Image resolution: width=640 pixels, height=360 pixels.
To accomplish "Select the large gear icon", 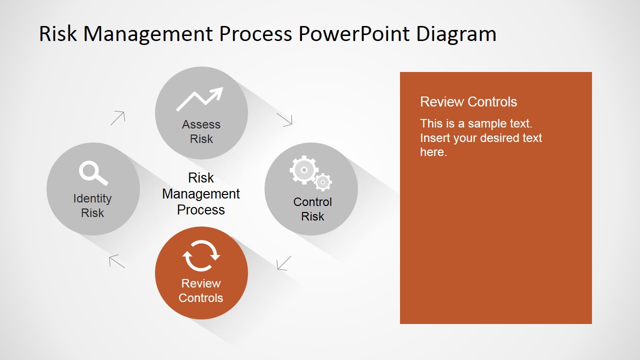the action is tap(304, 170).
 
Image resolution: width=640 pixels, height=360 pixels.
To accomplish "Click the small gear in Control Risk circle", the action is tap(323, 182).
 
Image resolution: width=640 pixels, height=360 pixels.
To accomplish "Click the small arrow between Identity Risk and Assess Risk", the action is tap(117, 118).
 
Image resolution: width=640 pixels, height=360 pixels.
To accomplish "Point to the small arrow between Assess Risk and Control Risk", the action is tap(284, 120).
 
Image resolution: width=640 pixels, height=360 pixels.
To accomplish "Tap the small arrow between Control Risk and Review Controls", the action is tap(283, 263).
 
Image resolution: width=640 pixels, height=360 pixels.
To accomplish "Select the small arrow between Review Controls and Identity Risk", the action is tap(117, 261).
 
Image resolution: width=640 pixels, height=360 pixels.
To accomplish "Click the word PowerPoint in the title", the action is tap(354, 34).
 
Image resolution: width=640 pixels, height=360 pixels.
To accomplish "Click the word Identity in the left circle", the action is tap(92, 199).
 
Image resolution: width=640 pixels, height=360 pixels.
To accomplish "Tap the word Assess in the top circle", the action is tap(201, 124).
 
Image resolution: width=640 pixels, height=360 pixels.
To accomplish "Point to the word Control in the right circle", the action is tap(312, 202).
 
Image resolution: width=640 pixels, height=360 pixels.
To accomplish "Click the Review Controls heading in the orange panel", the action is tap(468, 101).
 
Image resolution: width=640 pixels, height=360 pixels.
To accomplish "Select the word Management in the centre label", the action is tap(201, 194).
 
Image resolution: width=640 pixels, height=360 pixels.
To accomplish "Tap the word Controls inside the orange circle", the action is tap(201, 298).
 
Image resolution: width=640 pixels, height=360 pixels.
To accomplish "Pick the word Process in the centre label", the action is tap(201, 209).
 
